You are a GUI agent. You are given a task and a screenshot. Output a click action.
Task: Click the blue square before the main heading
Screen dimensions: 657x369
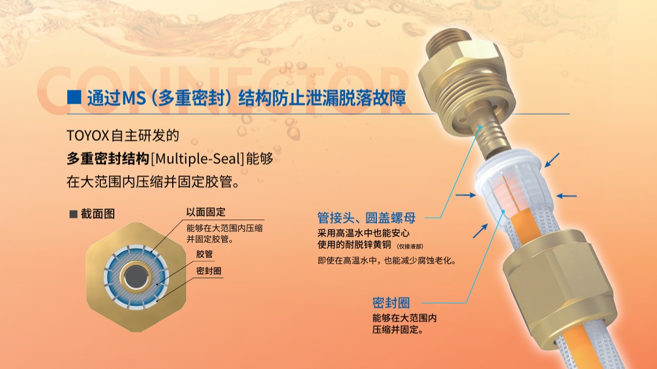(x=74, y=97)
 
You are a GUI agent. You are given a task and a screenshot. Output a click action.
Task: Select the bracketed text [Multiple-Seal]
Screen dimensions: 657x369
(x=197, y=159)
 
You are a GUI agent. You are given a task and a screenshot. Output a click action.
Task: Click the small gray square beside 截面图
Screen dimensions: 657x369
(x=73, y=214)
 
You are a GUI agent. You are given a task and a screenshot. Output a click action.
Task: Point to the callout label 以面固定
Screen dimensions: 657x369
(x=206, y=212)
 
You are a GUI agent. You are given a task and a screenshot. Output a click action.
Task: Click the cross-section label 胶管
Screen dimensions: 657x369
(x=205, y=254)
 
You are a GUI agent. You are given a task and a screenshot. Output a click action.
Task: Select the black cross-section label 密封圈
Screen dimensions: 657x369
(x=209, y=271)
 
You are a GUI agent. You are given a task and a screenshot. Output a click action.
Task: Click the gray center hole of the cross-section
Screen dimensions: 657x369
(x=136, y=276)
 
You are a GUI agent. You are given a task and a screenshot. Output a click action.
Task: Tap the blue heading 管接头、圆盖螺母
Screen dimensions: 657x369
(x=366, y=218)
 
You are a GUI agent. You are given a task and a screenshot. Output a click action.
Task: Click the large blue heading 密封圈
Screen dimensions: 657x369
(x=391, y=302)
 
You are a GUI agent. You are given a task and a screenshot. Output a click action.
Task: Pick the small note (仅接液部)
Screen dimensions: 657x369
(x=410, y=246)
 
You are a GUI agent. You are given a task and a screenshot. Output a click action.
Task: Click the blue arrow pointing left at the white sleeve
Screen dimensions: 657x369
(x=567, y=195)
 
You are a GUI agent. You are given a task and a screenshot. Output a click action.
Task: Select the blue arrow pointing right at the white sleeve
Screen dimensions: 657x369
(x=466, y=195)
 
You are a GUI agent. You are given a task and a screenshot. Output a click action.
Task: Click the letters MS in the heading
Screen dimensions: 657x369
(x=134, y=98)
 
